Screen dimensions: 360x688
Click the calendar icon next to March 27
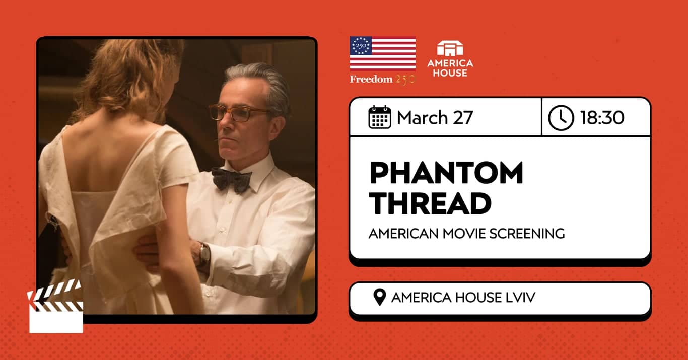(380, 117)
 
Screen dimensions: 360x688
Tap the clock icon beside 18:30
(561, 117)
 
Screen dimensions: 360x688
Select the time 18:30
(602, 118)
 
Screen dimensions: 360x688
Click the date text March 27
(435, 118)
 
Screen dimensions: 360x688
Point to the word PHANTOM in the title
(446, 173)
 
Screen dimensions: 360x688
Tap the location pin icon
(380, 298)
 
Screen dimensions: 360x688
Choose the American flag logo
(383, 53)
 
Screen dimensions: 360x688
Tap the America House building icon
(450, 49)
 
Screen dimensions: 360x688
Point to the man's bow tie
(231, 179)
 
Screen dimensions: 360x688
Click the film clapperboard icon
(55, 308)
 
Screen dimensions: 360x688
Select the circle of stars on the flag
(361, 46)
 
